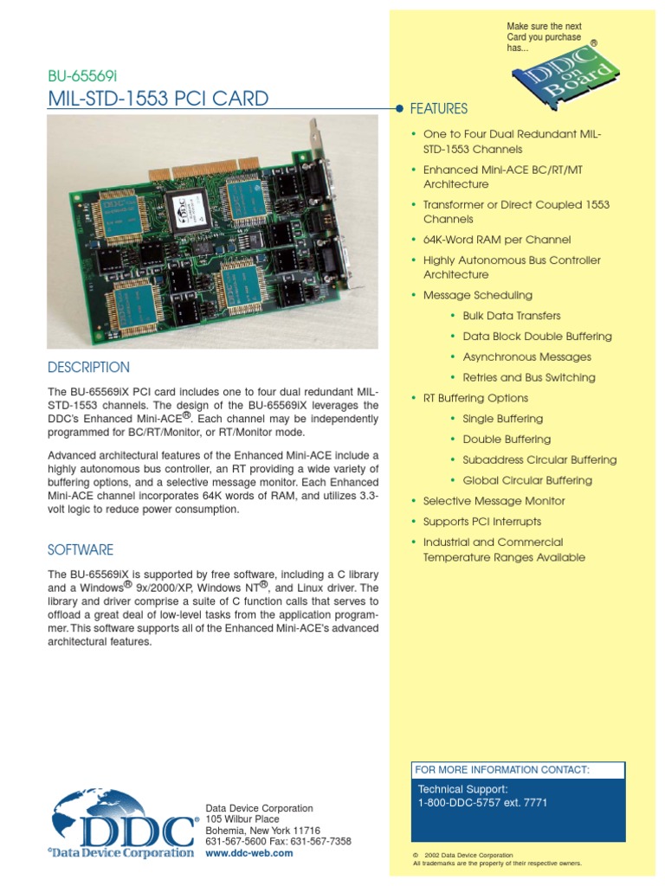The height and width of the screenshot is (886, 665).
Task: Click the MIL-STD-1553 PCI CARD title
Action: tap(158, 99)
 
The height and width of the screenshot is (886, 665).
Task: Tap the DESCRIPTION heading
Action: tap(88, 367)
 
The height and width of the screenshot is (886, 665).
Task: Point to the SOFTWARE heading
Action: tap(81, 550)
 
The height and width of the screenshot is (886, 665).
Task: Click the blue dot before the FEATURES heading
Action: tap(399, 110)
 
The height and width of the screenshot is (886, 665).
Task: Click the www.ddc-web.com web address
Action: tap(249, 852)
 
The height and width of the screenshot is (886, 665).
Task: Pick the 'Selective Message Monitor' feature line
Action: tap(494, 501)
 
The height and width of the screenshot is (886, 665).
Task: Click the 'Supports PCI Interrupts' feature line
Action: tap(481, 522)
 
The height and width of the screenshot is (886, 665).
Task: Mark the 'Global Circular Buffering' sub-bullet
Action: tap(527, 480)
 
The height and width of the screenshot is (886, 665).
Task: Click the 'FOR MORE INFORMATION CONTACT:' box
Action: tap(518, 769)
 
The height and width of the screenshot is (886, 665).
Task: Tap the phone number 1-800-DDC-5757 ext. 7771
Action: tap(482, 803)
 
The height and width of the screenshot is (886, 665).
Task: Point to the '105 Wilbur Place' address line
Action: tap(242, 819)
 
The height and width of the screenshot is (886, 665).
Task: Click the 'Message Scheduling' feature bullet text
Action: tap(477, 295)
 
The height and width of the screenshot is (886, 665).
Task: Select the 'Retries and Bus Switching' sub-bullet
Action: tap(529, 377)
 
